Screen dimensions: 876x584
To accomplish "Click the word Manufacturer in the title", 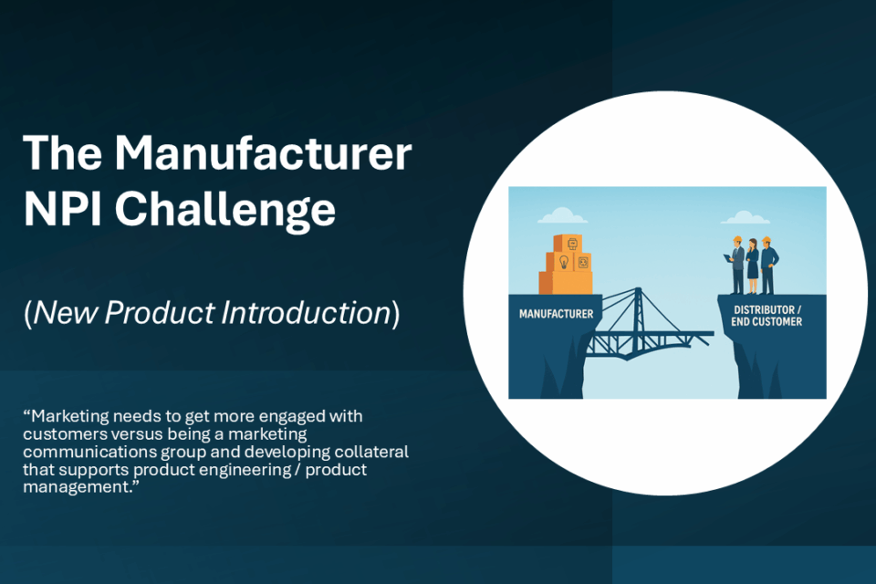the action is pos(264,153).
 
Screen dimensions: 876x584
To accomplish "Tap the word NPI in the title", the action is pos(62,208).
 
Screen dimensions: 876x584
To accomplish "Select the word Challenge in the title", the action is pos(225,211).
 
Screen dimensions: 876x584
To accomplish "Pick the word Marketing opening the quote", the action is pos(70,417).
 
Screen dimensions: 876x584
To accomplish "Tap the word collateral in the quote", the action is pos(371,452).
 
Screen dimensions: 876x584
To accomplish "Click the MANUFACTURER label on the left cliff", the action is pos(556,314).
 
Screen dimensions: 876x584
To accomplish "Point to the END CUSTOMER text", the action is pos(766,322).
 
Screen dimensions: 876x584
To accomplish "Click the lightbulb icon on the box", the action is pos(564,262).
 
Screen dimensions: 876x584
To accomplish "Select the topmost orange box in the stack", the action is pos(568,243).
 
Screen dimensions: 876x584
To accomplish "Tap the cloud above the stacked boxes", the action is pos(562,215).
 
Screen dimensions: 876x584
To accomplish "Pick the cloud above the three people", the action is pos(746,217).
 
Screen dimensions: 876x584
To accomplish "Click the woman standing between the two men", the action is pos(753,266).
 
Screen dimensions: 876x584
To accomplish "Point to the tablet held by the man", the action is pos(728,258).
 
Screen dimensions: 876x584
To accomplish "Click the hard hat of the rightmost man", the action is pos(766,239).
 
